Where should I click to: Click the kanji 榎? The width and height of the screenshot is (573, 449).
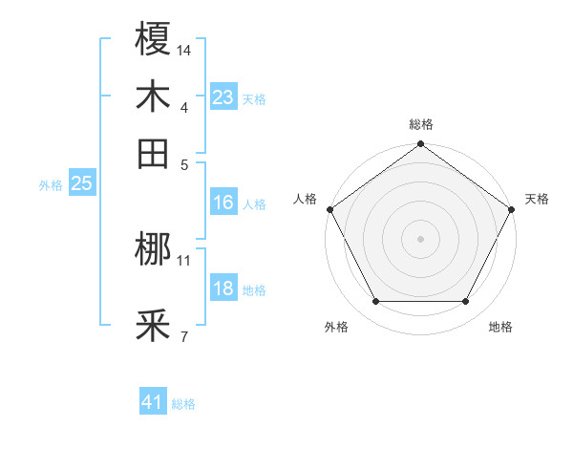153,40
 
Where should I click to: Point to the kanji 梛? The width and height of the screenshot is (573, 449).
153,251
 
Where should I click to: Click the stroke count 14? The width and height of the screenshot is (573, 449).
184,50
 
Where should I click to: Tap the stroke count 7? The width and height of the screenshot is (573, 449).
184,336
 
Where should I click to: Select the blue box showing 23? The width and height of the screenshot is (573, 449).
223,97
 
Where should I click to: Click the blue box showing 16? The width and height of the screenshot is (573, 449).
223,203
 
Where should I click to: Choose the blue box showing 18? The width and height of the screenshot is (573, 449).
223,289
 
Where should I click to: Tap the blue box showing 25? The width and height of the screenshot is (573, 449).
81,184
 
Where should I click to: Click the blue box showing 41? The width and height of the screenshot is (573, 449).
153,402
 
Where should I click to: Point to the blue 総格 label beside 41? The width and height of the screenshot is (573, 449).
183,404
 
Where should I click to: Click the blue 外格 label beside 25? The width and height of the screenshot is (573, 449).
51,185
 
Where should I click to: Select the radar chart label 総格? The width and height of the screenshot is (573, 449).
420,124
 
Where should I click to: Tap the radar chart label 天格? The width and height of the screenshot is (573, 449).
538,199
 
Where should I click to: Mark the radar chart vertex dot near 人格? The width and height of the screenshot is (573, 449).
329,209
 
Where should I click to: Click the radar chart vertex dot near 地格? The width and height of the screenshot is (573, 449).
466,302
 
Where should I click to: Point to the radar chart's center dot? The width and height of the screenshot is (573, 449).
420,238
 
